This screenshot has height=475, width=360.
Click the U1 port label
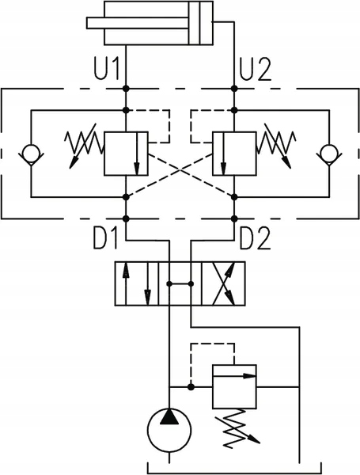[x=105, y=70]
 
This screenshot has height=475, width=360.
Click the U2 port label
[x=255, y=70]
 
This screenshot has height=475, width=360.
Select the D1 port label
[x=104, y=239]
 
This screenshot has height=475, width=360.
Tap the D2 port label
[x=255, y=239]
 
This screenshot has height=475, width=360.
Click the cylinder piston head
[x=194, y=23]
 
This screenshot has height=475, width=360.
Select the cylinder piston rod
[x=137, y=23]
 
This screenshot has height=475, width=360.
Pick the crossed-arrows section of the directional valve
[x=223, y=283]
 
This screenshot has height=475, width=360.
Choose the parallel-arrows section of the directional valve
[x=137, y=283]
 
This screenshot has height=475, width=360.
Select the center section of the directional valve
[x=180, y=283]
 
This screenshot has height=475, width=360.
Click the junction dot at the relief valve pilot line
[x=191, y=387]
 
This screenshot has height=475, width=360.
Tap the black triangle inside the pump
[x=169, y=416]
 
